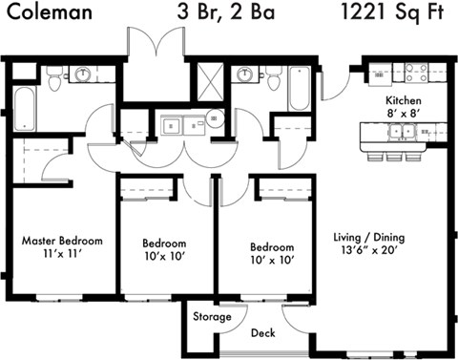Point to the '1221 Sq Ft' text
pyautogui.click(x=390, y=12)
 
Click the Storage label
pyautogui.click(x=212, y=316)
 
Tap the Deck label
pyautogui.click(x=262, y=333)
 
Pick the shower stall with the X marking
pyautogui.click(x=209, y=77)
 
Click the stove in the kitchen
pyautogui.click(x=416, y=73)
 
